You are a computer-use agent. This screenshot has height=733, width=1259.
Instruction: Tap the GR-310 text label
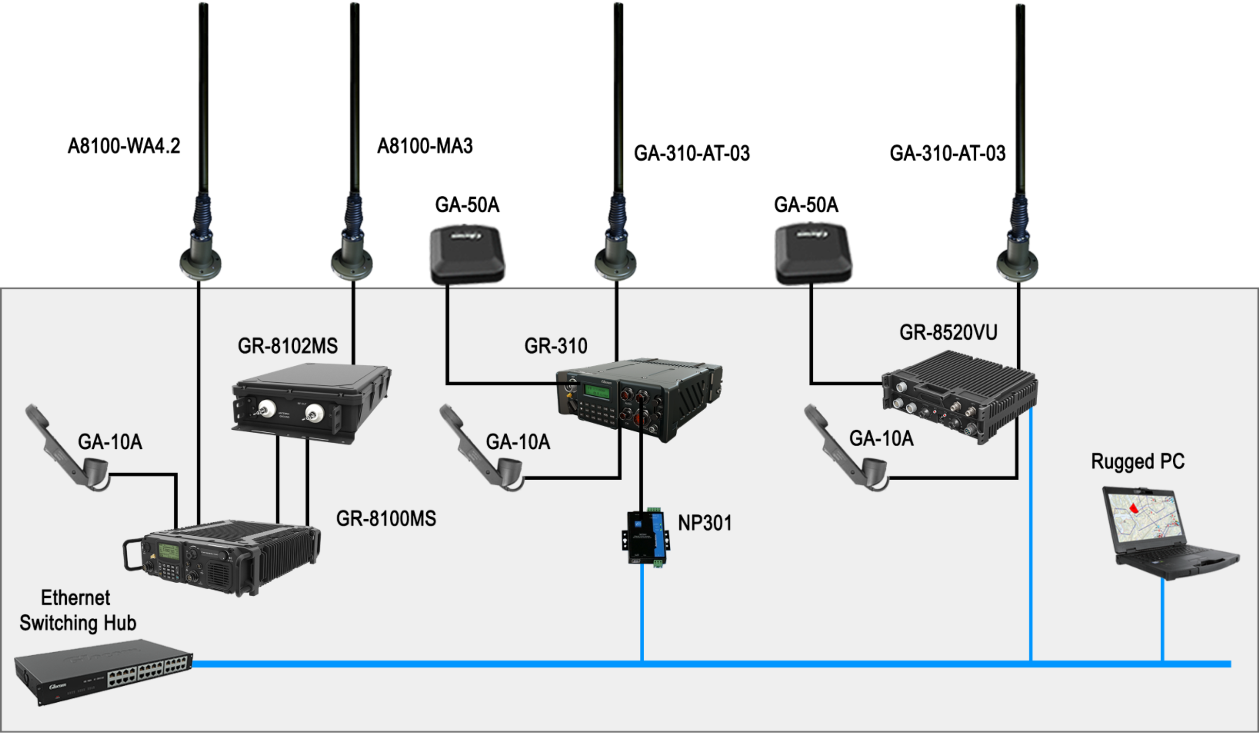pos(555,345)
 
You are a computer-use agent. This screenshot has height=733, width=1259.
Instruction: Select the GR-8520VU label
pos(948,332)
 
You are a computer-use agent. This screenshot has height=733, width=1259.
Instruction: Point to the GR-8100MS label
pos(386,518)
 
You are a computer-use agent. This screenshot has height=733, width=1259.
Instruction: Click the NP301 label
pos(705,523)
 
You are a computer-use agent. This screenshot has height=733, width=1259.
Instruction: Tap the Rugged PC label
pos(1138,461)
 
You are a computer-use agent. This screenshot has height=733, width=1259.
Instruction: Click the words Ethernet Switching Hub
pos(77,610)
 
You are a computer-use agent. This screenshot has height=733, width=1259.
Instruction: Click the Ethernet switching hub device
pos(102,671)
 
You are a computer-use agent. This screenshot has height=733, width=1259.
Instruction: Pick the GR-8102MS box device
pos(310,402)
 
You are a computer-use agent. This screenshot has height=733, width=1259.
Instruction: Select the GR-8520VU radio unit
pos(959,397)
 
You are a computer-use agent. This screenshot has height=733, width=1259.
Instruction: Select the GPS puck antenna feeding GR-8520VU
pos(813,252)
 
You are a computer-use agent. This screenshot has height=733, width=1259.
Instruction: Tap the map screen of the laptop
pos(1144,519)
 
